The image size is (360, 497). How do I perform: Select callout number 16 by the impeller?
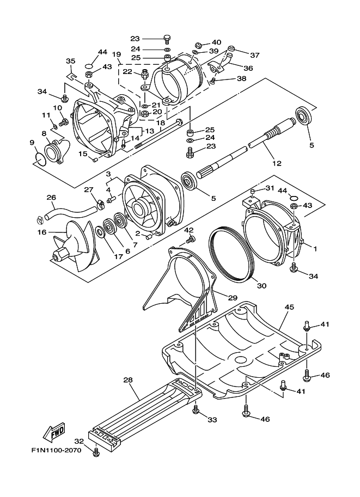click(41, 232)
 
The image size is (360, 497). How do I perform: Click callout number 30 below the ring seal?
click(261, 286)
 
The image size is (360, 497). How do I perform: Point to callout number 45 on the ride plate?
click(289, 306)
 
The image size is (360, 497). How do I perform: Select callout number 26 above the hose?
click(51, 197)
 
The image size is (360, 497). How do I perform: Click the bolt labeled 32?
click(97, 451)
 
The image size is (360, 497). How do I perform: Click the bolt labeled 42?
click(190, 238)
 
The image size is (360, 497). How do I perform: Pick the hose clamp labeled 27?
click(100, 204)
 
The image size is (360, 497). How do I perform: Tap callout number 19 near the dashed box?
click(117, 54)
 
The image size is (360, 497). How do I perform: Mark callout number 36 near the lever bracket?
click(249, 68)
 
